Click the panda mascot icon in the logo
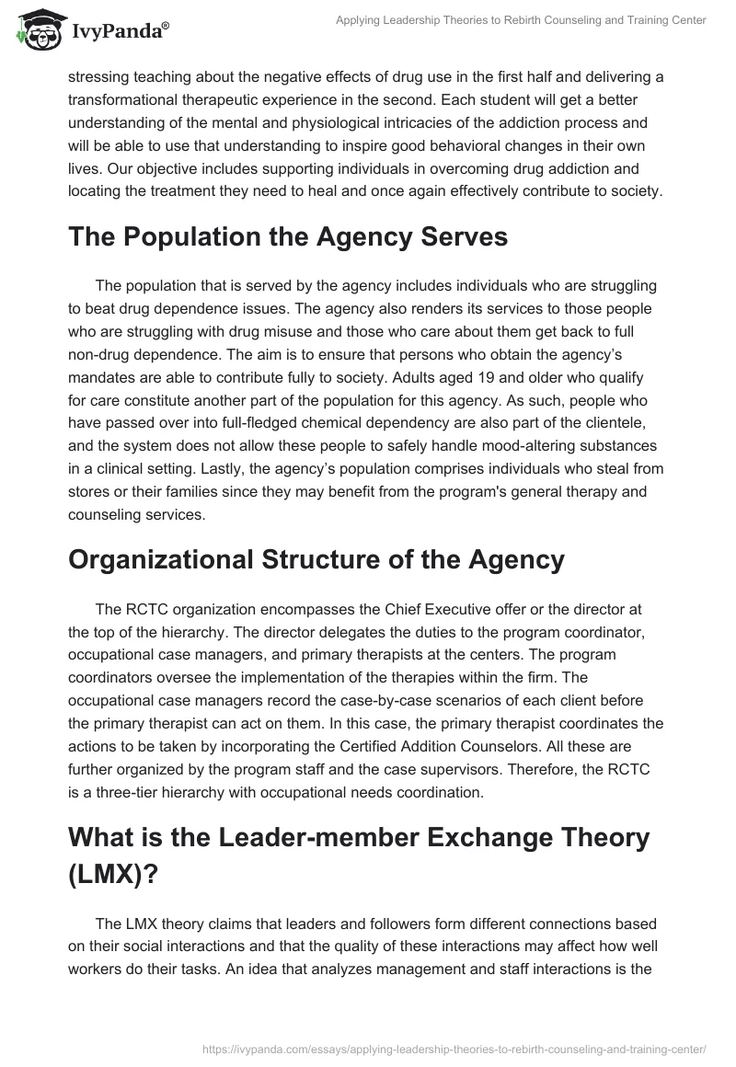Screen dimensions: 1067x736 [x=37, y=30]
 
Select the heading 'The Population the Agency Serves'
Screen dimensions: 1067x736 [x=288, y=236]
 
